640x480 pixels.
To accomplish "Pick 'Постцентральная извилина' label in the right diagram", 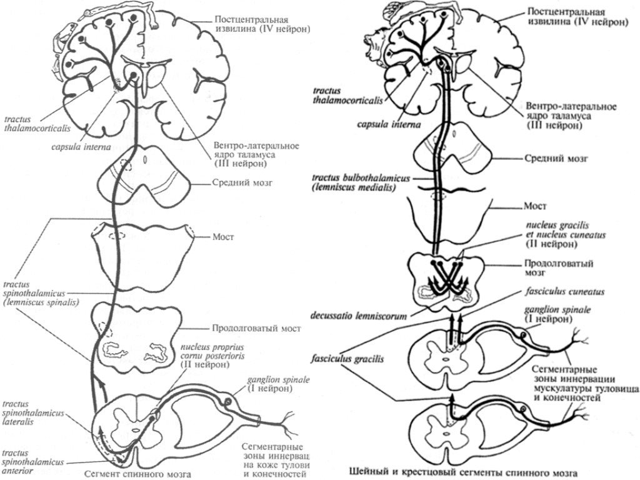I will point(576,17).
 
